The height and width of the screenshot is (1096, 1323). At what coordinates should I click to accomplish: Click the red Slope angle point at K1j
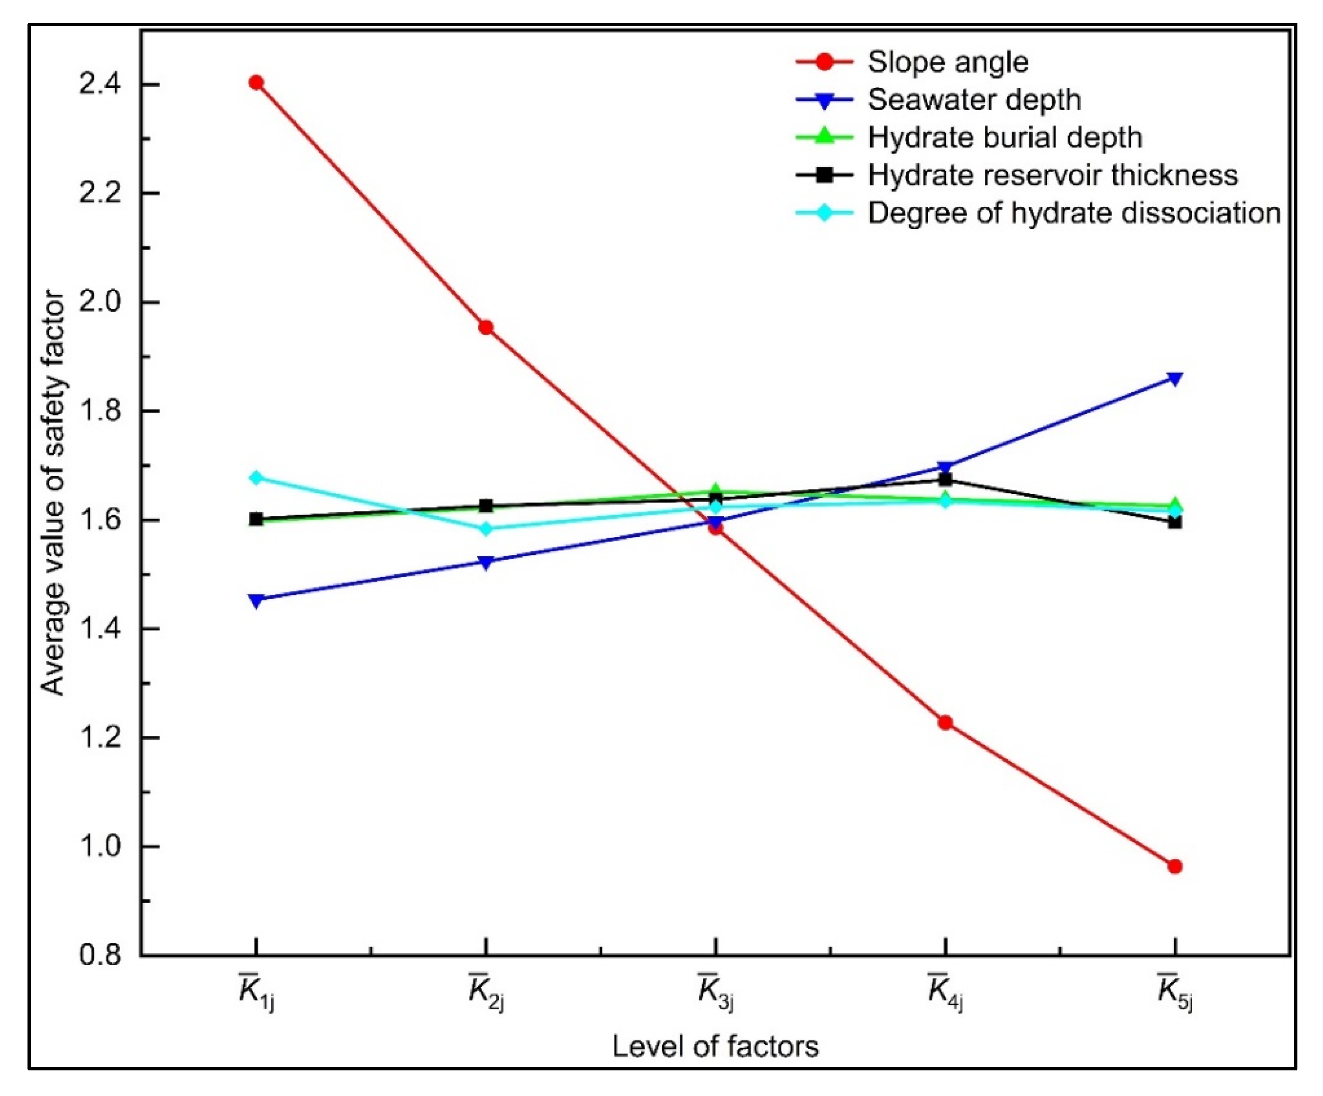(x=256, y=83)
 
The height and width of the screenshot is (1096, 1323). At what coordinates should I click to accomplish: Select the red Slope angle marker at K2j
(x=486, y=327)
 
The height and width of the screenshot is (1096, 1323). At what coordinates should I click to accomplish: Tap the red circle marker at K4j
(x=945, y=722)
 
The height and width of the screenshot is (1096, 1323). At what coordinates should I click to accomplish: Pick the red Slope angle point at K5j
(x=1174, y=866)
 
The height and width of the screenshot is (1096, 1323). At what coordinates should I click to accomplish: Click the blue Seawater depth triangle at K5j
(x=1174, y=378)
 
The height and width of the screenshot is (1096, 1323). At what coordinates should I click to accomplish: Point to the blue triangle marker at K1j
(x=256, y=599)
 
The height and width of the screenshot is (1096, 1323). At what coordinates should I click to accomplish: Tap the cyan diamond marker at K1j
(x=256, y=477)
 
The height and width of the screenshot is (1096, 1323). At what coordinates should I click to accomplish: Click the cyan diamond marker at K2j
(x=486, y=529)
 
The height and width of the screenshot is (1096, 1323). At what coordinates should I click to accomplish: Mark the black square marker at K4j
(x=945, y=479)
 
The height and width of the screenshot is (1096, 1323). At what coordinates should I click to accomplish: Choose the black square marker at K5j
(x=1174, y=522)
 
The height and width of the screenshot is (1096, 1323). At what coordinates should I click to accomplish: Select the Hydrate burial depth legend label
(x=1004, y=138)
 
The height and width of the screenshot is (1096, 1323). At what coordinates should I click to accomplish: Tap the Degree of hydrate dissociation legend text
(x=1074, y=213)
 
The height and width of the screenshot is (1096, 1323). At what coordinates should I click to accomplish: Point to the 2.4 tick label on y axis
(x=100, y=84)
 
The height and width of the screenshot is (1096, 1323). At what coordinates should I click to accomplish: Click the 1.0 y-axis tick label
(x=100, y=847)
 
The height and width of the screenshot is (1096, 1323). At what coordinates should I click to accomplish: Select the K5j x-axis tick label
(x=1174, y=991)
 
